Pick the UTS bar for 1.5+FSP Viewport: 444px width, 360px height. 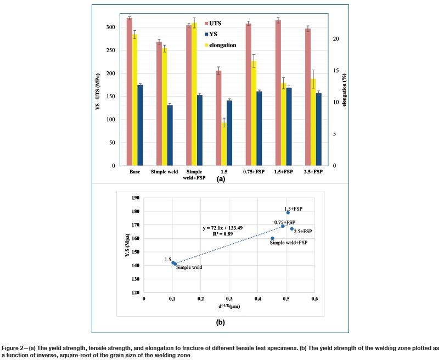point(278,93)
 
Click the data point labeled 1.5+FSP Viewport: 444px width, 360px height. point(288,212)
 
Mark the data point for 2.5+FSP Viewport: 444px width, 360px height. point(291,228)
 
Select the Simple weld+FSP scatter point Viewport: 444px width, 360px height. point(272,238)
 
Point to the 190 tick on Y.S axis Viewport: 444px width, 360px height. point(136,198)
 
